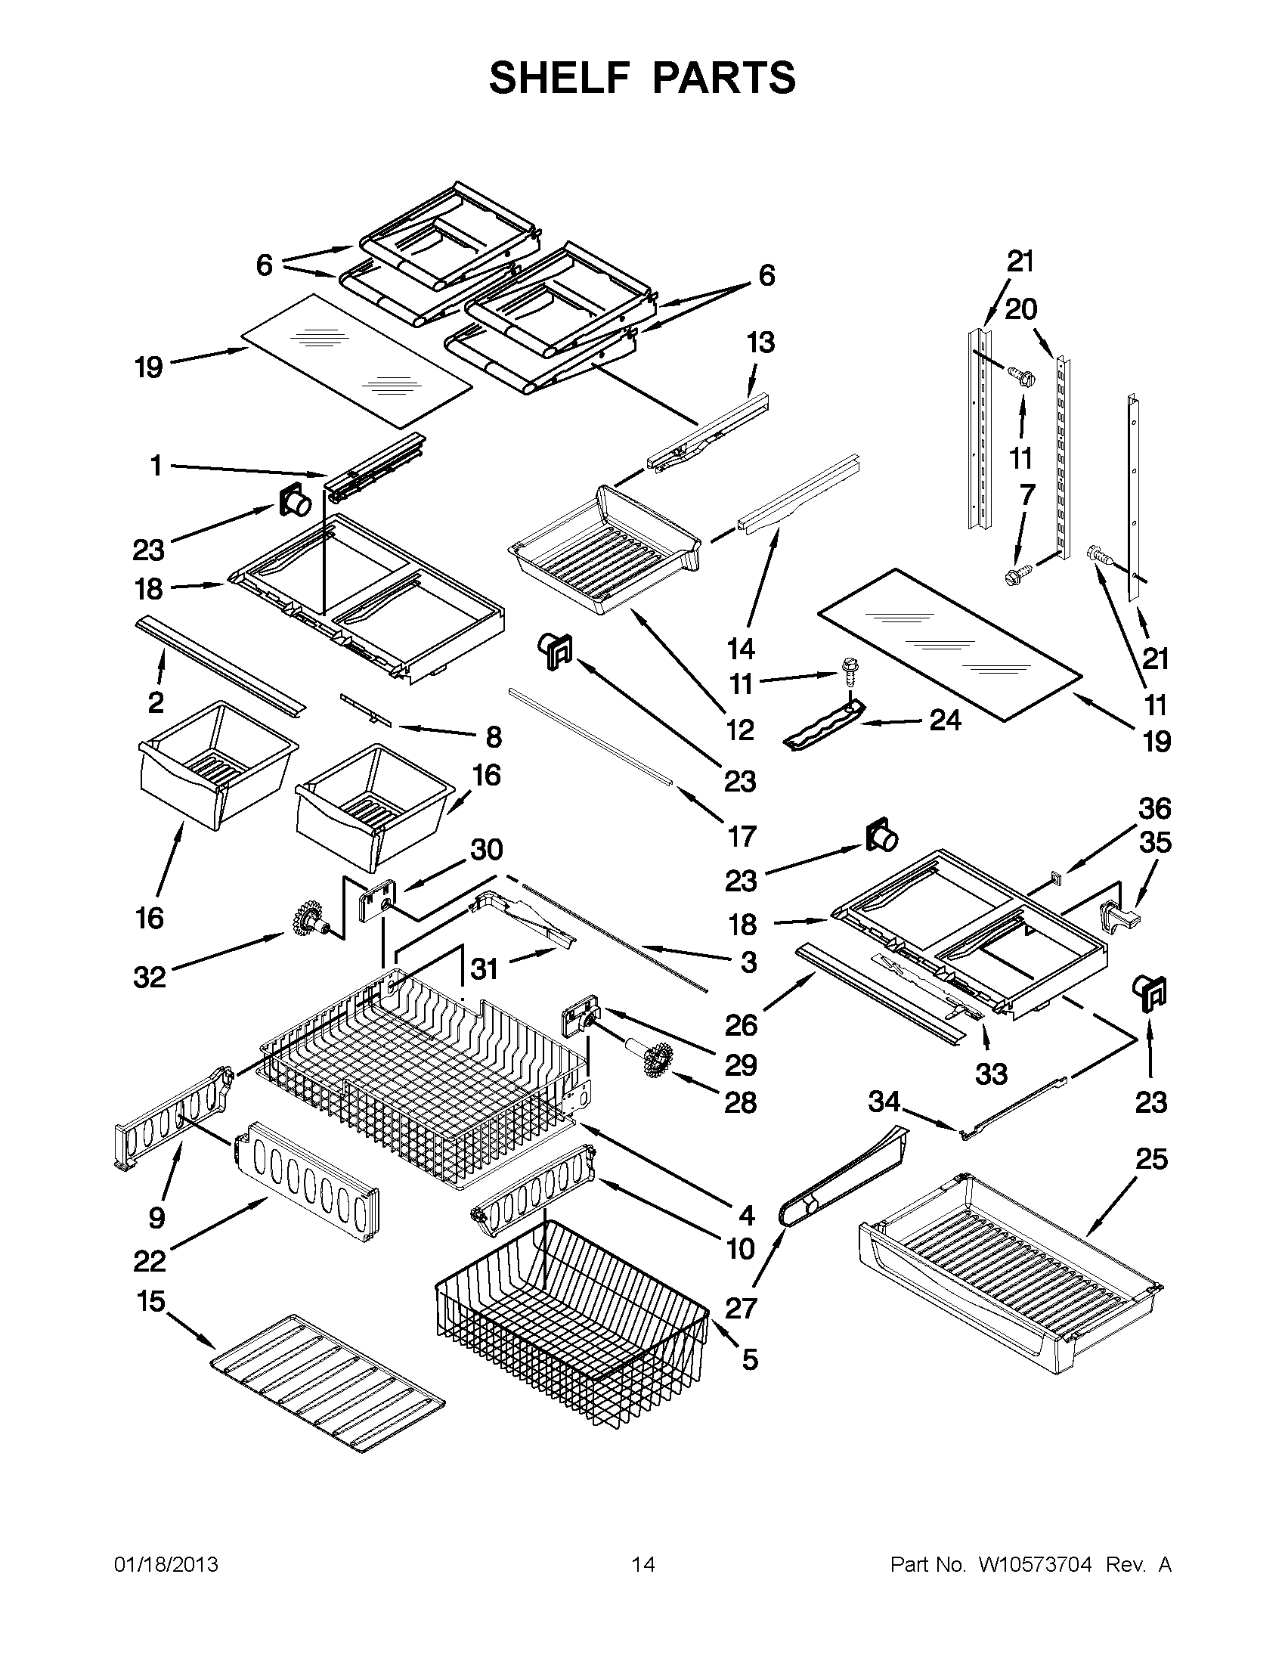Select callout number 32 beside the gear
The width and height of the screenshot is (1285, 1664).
click(x=150, y=977)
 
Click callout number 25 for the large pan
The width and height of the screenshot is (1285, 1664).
click(x=1151, y=1159)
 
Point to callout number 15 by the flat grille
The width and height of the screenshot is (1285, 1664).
click(x=151, y=1300)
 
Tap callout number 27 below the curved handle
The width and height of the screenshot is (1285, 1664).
click(x=740, y=1308)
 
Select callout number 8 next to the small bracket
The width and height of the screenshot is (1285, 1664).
click(x=494, y=737)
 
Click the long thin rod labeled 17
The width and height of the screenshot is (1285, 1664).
click(x=590, y=736)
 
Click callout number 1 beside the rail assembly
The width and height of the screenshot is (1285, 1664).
click(x=156, y=466)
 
